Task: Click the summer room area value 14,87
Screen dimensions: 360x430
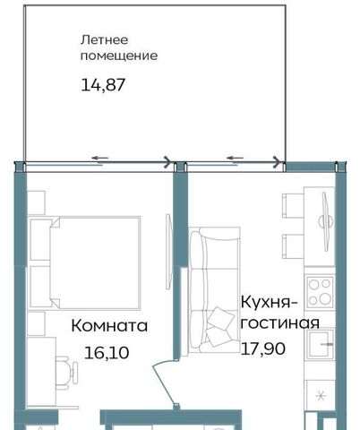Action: coord(103,85)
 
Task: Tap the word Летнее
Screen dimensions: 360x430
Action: coord(104,40)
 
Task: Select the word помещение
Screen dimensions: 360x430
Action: coord(119,56)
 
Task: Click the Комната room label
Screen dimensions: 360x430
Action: coord(109,326)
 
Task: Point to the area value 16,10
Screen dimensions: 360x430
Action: coord(107,353)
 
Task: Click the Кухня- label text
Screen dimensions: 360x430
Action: coord(270,302)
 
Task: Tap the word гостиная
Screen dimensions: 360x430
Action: coord(279,323)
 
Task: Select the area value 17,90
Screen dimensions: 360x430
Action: coord(262,348)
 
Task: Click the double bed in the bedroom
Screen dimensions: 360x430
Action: coord(85,262)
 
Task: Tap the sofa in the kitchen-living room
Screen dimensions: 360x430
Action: coord(214,290)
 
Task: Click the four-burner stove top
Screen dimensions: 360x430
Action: coord(320,292)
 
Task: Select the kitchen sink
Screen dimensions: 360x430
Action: coord(321,344)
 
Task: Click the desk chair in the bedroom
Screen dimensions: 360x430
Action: coord(67,373)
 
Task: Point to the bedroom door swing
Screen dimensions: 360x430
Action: coord(165,383)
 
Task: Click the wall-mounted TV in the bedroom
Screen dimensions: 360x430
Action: coord(168,251)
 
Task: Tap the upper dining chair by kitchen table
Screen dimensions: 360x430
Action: coord(293,206)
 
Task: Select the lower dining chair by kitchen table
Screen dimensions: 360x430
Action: coord(293,246)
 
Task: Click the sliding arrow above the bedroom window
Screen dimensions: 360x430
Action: coord(99,158)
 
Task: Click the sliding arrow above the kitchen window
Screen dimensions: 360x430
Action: coord(235,158)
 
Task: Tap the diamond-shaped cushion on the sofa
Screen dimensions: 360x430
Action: coord(221,318)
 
